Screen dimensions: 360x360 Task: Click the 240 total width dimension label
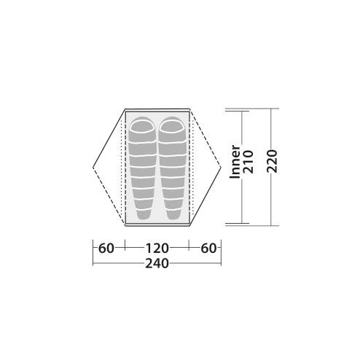click(157, 264)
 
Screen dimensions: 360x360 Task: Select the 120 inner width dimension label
click(157, 249)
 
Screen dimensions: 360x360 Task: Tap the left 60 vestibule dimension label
click(106, 249)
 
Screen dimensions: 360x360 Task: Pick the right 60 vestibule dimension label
click(208, 249)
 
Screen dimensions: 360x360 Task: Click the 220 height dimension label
click(272, 161)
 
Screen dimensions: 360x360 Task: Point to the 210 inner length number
click(249, 162)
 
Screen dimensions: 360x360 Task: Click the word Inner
click(235, 162)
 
